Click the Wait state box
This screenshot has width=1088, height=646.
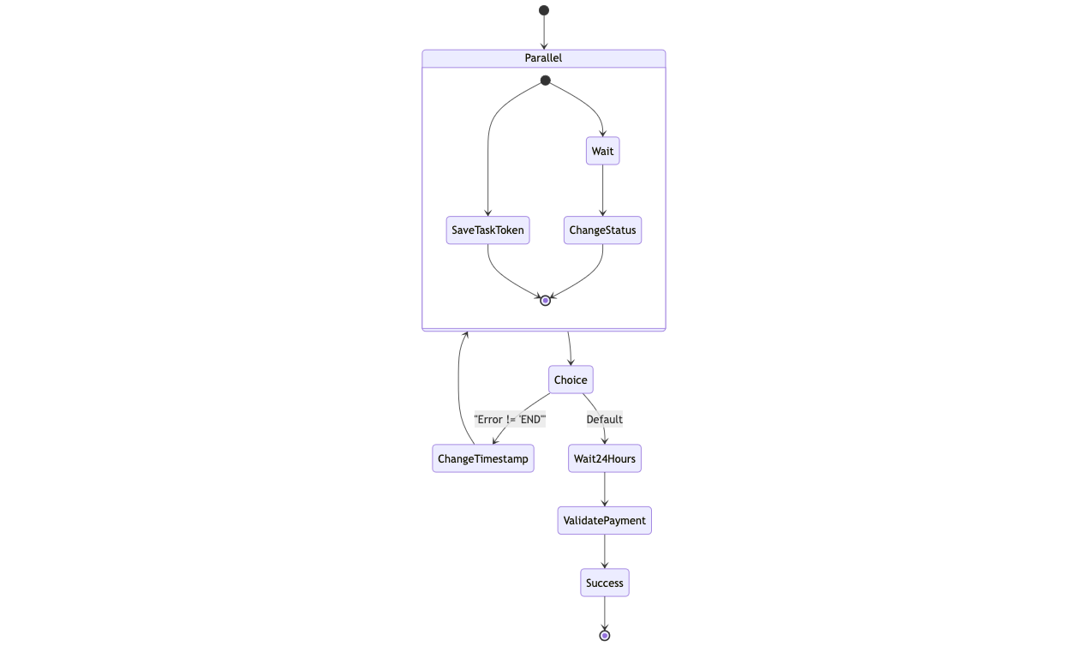[x=602, y=152]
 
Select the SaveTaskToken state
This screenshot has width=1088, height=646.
[x=487, y=230]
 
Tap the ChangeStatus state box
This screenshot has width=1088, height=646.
[x=602, y=230]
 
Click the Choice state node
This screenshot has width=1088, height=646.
[x=571, y=380]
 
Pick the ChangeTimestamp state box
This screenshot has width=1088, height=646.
[x=483, y=458]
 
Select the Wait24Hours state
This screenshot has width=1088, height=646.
[x=605, y=458]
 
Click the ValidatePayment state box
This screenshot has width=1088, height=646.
[x=605, y=521]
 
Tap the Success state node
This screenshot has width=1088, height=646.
[x=605, y=583]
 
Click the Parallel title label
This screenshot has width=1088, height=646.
[x=543, y=58]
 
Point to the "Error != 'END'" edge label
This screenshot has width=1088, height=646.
[x=510, y=420]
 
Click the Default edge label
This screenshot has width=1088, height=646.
[x=605, y=420]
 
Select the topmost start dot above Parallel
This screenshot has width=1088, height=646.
[x=544, y=10]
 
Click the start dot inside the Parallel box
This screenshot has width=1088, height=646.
[x=546, y=81]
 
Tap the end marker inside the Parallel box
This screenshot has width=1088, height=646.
[x=546, y=301]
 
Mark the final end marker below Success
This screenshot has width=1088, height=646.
[x=605, y=636]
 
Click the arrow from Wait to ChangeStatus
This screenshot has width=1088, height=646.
[x=602, y=190]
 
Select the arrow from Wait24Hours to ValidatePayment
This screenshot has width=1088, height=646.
[x=605, y=489]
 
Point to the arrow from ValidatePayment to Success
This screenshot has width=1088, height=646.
[x=605, y=552]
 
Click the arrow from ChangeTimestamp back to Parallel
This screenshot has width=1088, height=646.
[x=459, y=386]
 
